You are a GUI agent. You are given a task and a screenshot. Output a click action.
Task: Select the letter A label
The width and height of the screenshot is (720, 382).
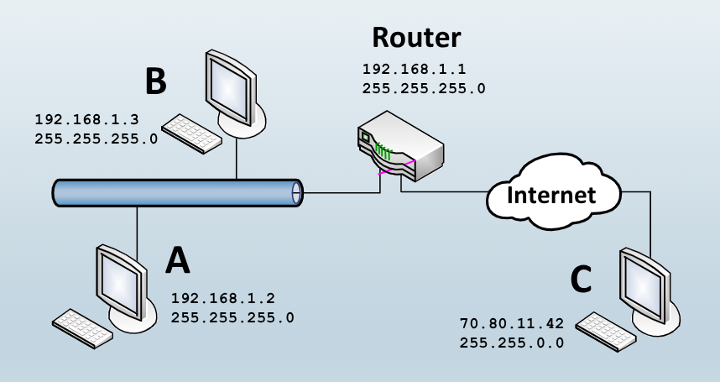coord(177,261)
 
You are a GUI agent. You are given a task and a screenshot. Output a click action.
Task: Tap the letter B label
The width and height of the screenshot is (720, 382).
coord(155,81)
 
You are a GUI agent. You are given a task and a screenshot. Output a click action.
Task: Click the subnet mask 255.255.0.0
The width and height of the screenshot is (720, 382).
coord(512,343)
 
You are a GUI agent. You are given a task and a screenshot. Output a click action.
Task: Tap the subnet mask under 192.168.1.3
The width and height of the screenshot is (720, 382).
coord(97,139)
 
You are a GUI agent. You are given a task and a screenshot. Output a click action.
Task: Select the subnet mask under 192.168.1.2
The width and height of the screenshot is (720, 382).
coord(232,317)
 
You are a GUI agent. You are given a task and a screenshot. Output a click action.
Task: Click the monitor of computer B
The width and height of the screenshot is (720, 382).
coord(230,85)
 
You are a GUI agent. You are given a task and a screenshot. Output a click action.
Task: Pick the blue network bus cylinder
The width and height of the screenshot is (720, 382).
coord(176,192)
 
